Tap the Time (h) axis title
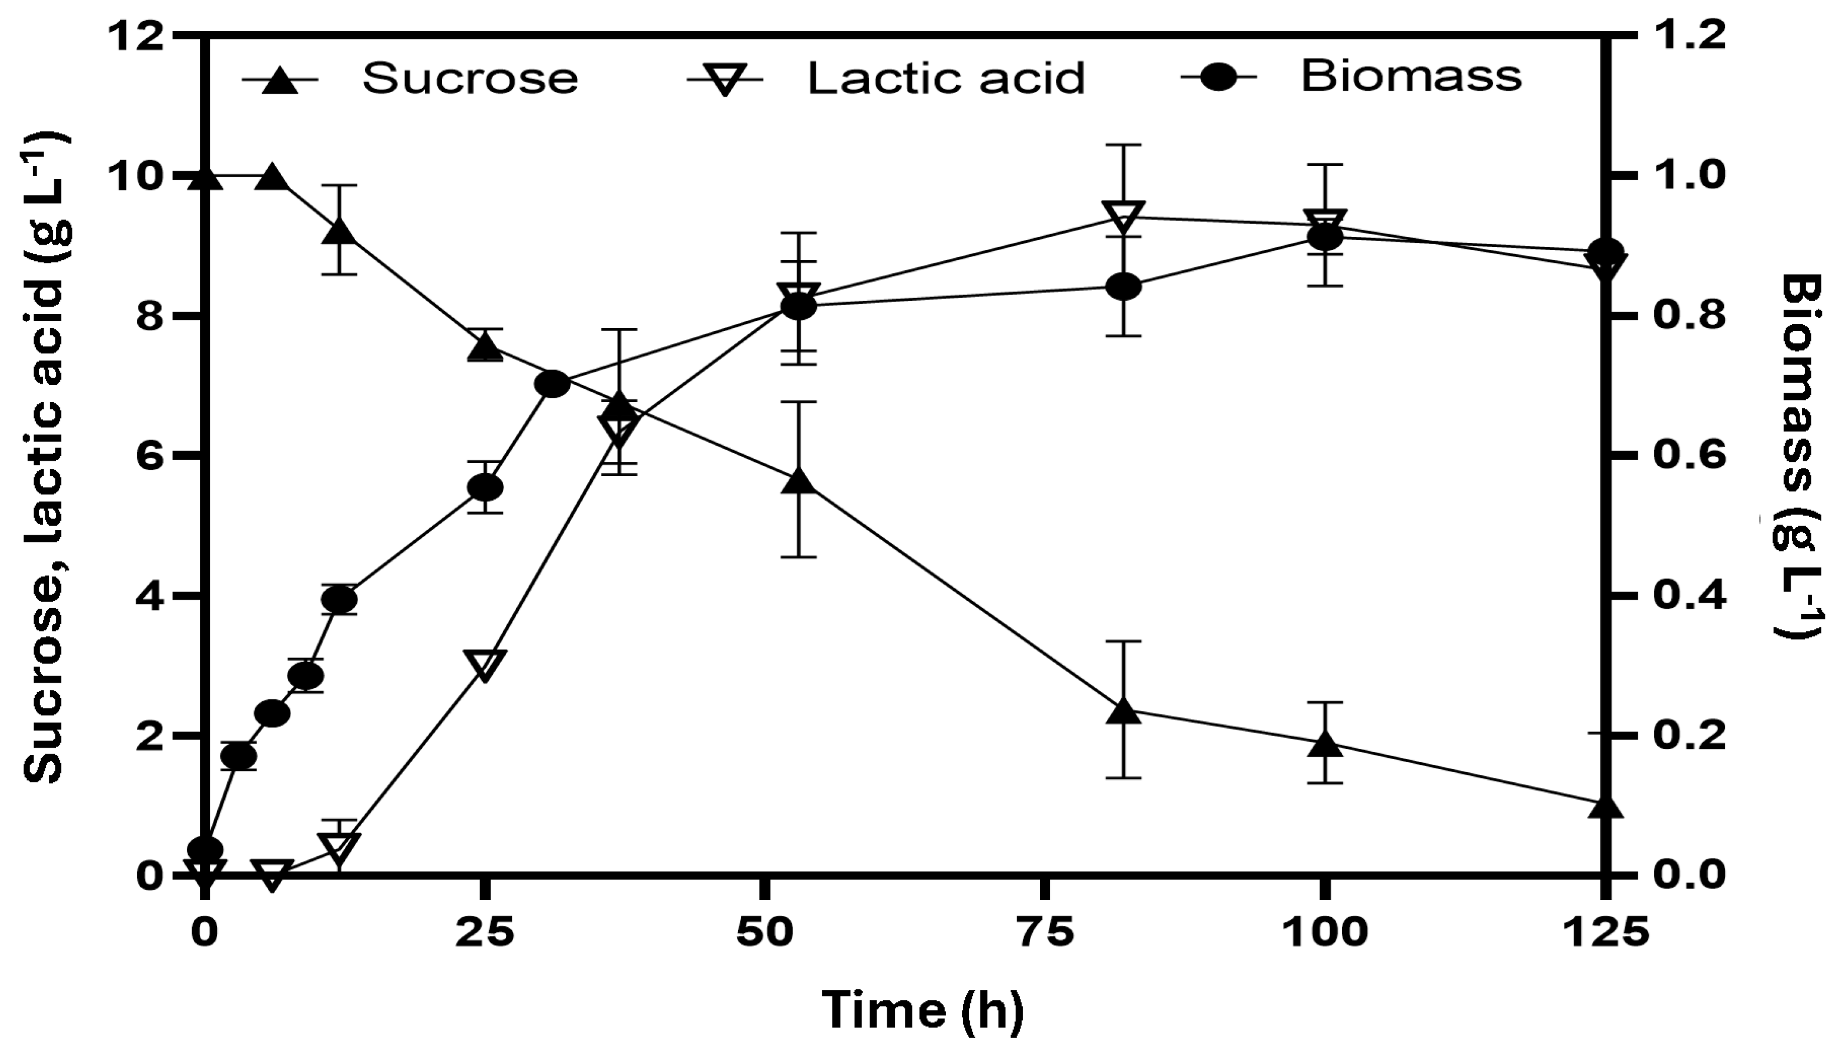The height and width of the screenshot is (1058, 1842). click(923, 1010)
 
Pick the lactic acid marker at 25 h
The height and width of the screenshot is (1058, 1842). click(485, 664)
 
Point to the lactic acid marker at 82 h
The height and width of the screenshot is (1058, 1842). click(1124, 217)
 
